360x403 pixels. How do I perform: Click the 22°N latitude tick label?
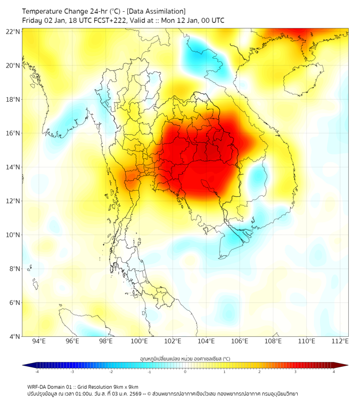pyautogui.click(x=13, y=31)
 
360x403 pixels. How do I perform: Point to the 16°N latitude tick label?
pyautogui.click(x=13, y=133)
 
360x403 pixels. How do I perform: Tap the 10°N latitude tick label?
pyautogui.click(x=13, y=235)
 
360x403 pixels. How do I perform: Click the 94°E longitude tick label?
pyautogui.click(x=39, y=342)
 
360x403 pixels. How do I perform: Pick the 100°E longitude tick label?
pyautogui.click(x=139, y=342)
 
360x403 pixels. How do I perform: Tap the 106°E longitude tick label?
pyautogui.click(x=240, y=342)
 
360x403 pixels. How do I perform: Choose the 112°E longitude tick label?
pyautogui.click(x=340, y=342)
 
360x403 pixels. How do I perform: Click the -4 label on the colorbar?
pyautogui.click(x=37, y=372)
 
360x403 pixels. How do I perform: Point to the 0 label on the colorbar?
pyautogui.click(x=185, y=372)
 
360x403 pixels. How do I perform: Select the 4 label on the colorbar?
pyautogui.click(x=334, y=372)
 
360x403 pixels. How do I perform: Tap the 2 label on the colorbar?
pyautogui.click(x=259, y=372)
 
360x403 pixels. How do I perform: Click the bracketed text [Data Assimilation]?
pyautogui.click(x=156, y=11)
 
